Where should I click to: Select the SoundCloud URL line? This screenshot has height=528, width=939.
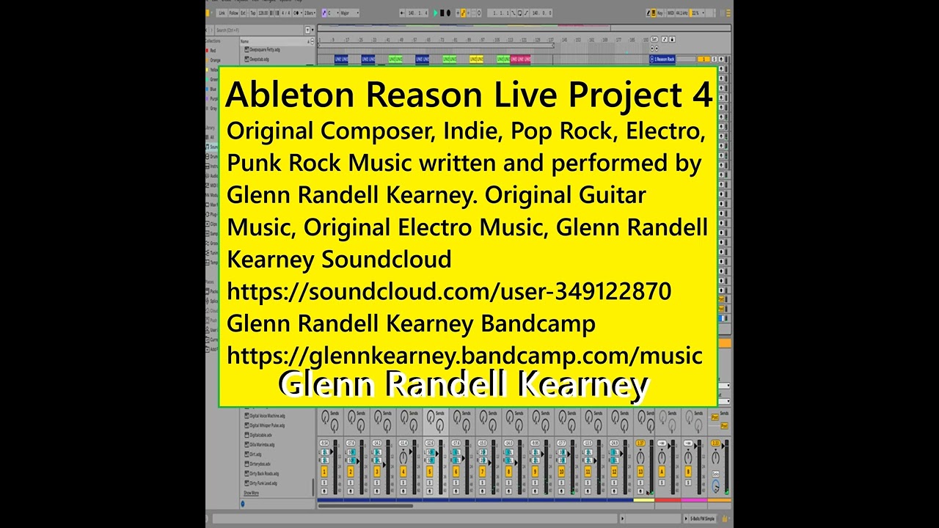click(x=449, y=291)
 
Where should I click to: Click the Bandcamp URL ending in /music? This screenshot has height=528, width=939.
click(x=465, y=355)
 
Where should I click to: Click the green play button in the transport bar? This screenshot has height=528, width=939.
click(x=435, y=12)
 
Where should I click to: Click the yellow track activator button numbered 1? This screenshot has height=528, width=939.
click(x=324, y=472)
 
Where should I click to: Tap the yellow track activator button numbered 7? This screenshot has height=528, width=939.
click(x=483, y=472)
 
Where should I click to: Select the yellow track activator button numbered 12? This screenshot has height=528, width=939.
click(x=614, y=472)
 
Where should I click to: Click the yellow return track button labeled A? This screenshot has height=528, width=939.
click(x=661, y=472)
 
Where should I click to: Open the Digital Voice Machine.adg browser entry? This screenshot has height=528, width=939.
click(x=268, y=415)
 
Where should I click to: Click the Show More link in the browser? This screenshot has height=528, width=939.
click(x=251, y=494)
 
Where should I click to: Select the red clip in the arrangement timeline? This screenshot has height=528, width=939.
click(x=520, y=59)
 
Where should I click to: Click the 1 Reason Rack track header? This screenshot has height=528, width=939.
click(x=662, y=59)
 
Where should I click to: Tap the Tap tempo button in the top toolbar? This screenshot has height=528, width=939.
click(x=252, y=12)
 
